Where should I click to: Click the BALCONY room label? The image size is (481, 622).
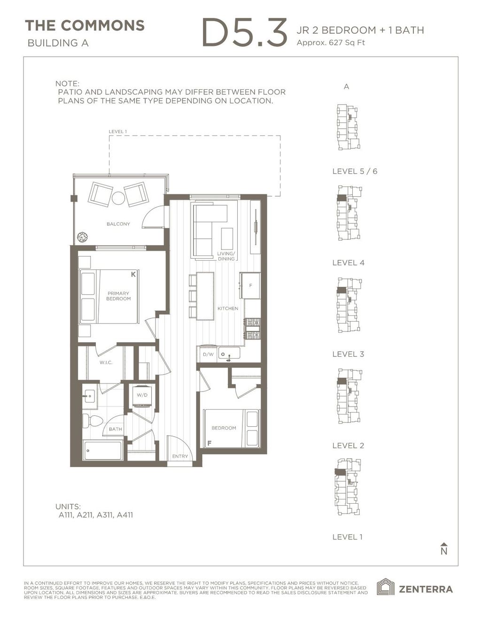point(118,224)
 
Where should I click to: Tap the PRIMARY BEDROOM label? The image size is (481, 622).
point(118,296)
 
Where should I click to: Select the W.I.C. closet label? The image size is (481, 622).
point(106,362)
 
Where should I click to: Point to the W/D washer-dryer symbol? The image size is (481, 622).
point(142,395)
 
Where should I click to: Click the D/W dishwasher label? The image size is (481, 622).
point(208,355)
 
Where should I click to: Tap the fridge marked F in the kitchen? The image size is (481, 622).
point(250,285)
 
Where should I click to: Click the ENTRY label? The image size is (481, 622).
point(180,456)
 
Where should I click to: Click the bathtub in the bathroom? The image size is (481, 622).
point(103,451)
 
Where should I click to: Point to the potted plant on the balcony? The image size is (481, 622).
point(83,237)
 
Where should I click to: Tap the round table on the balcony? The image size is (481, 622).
point(118,198)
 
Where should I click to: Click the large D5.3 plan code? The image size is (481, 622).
point(244,33)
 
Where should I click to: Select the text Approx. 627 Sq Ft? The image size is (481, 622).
point(331,43)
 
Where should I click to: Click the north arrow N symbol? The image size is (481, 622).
point(443,549)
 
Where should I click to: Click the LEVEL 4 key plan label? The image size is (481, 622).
point(348,263)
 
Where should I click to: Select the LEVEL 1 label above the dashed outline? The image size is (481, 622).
point(117,131)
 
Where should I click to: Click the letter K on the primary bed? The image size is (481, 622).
point(133,274)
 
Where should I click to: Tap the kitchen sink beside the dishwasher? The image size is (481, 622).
point(229,353)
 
